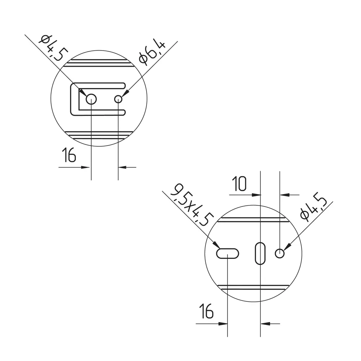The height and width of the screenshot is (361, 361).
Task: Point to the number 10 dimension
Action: (x=239, y=184)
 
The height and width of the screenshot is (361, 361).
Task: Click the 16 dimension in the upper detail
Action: (x=69, y=155)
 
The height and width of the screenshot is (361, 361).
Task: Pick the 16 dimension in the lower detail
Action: (x=206, y=311)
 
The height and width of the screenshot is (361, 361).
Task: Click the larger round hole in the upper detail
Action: (x=91, y=99)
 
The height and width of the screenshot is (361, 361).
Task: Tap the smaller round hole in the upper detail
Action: (x=118, y=99)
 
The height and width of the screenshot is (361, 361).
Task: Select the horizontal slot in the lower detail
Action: (x=227, y=253)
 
